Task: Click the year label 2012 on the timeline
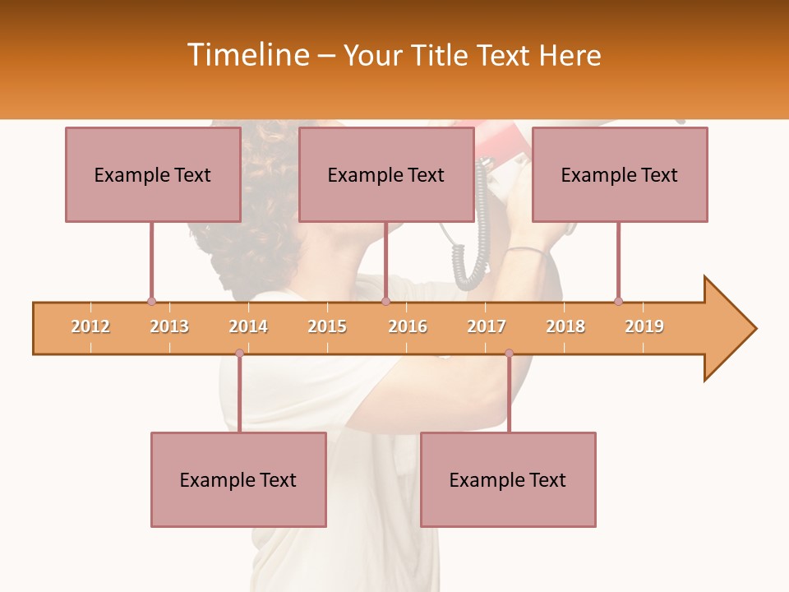pyautogui.click(x=90, y=326)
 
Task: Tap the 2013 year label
pyautogui.click(x=169, y=326)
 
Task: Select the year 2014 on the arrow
pyautogui.click(x=248, y=326)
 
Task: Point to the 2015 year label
pyautogui.click(x=327, y=326)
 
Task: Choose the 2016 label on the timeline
pyautogui.click(x=408, y=326)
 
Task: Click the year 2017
pyautogui.click(x=487, y=326)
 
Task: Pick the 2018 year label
pyautogui.click(x=565, y=326)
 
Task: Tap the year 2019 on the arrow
pyautogui.click(x=644, y=326)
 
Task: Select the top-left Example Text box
pyautogui.click(x=153, y=174)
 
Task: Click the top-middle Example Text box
pyautogui.click(x=386, y=174)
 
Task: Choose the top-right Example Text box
pyautogui.click(x=620, y=174)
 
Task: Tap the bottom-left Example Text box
pyautogui.click(x=238, y=479)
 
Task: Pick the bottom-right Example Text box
pyautogui.click(x=508, y=479)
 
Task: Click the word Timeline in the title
pyautogui.click(x=246, y=55)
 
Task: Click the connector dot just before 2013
pyautogui.click(x=151, y=301)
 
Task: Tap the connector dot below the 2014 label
pyautogui.click(x=239, y=353)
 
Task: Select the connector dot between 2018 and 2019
pyautogui.click(x=618, y=301)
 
